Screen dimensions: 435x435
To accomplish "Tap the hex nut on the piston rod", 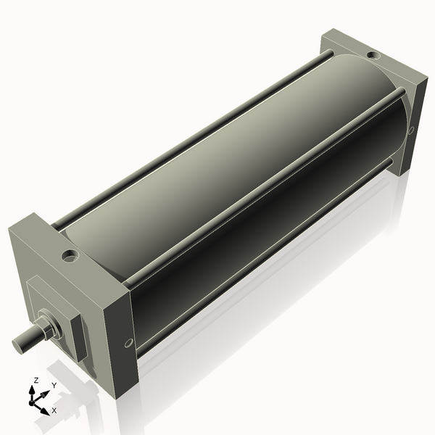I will pos(45,326).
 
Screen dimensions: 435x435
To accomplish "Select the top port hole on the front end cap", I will pos(70,255).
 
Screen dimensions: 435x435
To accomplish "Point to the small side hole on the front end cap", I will pos(129,342).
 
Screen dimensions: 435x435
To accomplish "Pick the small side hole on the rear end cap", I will pos(411,130).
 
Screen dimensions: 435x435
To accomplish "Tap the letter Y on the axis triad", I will pos(54,386).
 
